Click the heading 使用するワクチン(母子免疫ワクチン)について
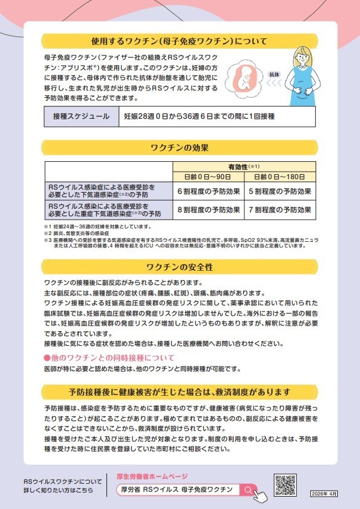pyautogui.click(x=179, y=42)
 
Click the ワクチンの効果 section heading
pyautogui.click(x=180, y=148)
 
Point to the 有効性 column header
pyautogui.click(x=244, y=166)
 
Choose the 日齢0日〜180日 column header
pyautogui.click(x=280, y=176)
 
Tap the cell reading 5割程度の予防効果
pyautogui.click(x=280, y=191)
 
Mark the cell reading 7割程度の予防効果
pyautogui.click(x=280, y=210)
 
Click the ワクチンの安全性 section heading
pyautogui.click(x=180, y=267)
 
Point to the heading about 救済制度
pyautogui.click(x=180, y=392)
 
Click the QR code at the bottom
pyautogui.click(x=286, y=484)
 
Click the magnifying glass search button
pyautogui.click(x=247, y=489)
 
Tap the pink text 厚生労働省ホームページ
pyautogui.click(x=152, y=476)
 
